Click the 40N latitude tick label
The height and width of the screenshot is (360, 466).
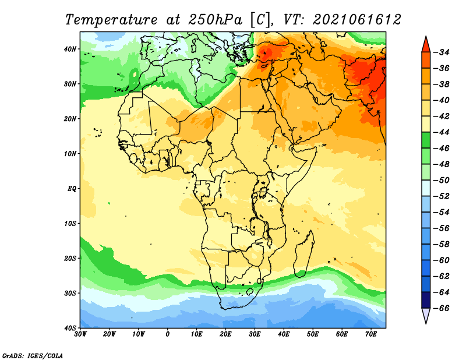[x=70, y=49]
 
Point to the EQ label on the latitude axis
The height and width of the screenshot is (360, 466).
[x=72, y=189]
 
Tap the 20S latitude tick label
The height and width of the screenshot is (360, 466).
[x=70, y=258]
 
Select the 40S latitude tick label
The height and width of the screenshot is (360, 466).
[x=70, y=328]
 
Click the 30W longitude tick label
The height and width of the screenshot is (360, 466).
[x=80, y=334]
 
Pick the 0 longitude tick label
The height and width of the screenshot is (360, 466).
[x=168, y=334]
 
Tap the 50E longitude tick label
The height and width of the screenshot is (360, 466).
[x=313, y=334]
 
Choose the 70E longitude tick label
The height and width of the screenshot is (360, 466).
[x=371, y=334]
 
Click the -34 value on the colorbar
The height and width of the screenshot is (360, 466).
[x=442, y=52]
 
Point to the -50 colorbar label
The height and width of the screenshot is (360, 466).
[x=442, y=180]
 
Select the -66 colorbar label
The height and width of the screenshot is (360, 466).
[x=442, y=308]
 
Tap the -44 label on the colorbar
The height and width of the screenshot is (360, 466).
[x=442, y=132]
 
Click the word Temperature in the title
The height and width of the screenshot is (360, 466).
[x=111, y=20]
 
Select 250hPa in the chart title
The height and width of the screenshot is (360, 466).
[x=215, y=20]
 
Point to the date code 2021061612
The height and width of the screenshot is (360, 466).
[x=357, y=20]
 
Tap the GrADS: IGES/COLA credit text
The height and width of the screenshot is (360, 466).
[x=33, y=356]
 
